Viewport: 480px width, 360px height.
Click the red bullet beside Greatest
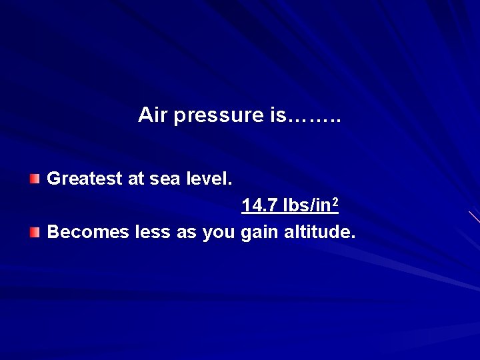[35, 179]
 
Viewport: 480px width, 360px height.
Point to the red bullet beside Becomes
[35, 232]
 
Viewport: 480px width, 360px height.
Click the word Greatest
[85, 179]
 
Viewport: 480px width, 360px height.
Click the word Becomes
[88, 233]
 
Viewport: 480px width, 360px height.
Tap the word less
[153, 233]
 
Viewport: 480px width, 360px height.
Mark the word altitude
[318, 233]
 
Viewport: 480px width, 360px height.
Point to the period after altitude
[354, 238]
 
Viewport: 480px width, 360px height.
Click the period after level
[231, 184]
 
